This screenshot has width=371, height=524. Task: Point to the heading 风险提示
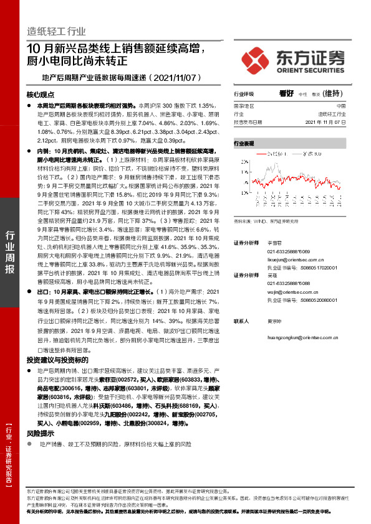39,415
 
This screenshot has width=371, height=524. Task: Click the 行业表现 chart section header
244,143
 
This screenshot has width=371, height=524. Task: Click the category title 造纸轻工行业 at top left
56,31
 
